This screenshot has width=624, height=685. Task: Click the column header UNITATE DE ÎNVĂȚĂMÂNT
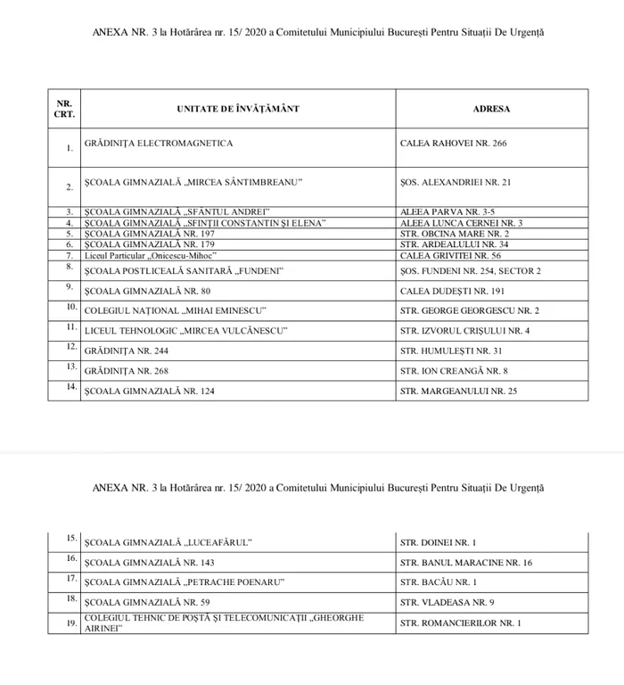pos(237,109)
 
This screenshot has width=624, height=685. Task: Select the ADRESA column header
pos(491,109)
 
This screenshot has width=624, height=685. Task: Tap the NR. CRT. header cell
pos(64,109)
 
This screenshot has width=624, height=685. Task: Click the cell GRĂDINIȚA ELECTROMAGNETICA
pos(159,143)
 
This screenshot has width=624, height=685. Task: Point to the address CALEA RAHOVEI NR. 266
pos(454,143)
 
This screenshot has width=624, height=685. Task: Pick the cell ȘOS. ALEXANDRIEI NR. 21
pos(456,182)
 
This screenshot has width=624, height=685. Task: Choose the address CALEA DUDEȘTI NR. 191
pos(452,291)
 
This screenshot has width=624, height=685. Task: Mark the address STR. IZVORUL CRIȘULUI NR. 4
pos(465,331)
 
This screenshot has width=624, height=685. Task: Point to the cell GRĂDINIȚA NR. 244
pos(127,351)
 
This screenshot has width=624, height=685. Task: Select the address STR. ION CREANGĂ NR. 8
pos(455,370)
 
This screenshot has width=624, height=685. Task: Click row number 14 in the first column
pos(66,388)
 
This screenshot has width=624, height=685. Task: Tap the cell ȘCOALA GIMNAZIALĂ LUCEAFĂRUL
pos(168,542)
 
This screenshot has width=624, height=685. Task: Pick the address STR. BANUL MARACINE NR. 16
pos(466,563)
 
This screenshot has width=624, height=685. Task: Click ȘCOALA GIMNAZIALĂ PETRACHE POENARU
pos(185,582)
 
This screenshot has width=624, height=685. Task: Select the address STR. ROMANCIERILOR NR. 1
pos(461,623)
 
